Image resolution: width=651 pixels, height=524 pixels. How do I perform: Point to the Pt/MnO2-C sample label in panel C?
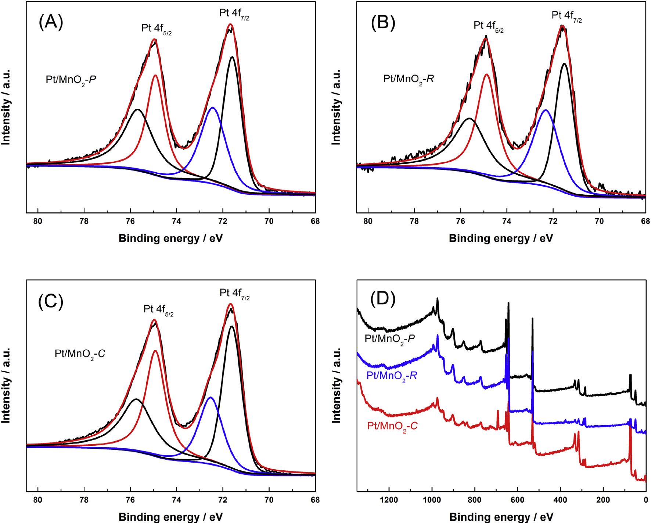pyautogui.click(x=77, y=356)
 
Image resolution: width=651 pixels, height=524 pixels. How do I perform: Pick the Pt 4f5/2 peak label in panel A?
pyautogui.click(x=157, y=29)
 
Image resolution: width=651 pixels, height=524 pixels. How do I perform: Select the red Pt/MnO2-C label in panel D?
pyautogui.click(x=392, y=426)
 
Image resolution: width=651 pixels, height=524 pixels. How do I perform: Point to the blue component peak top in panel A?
pyautogui.click(x=212, y=108)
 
